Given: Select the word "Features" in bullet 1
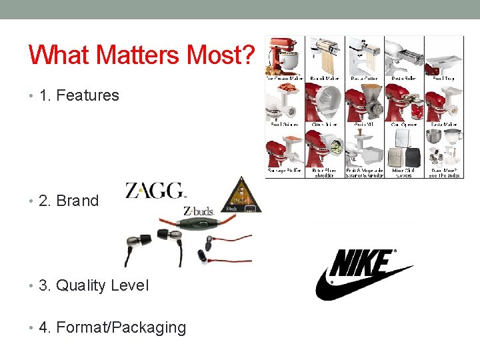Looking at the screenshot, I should coord(88,95).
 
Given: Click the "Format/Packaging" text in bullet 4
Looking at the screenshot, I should coord(121,327).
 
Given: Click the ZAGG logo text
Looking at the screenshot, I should coord(156,191).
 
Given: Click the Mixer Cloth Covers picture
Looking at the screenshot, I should coord(404,148).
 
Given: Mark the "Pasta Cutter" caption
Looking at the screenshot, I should coord(364,79).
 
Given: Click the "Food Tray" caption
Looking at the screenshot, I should coord(443,79).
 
